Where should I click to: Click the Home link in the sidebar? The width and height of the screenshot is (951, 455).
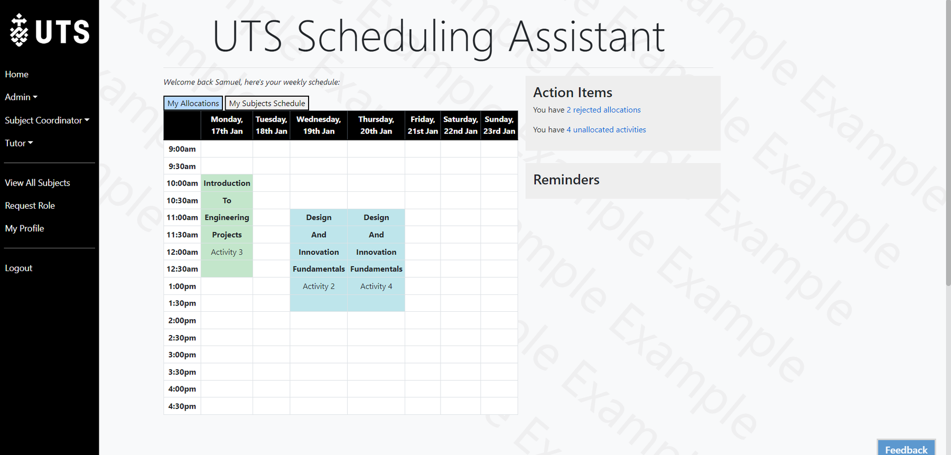(x=17, y=75)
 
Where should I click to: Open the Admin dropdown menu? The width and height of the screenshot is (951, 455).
(x=21, y=97)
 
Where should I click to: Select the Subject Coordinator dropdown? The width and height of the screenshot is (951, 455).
(x=47, y=120)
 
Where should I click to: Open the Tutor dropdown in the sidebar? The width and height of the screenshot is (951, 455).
(x=19, y=143)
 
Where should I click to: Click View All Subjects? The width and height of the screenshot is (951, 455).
(x=38, y=183)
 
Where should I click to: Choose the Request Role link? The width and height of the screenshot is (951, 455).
(x=30, y=206)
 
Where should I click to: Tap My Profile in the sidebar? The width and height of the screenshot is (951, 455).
(x=25, y=228)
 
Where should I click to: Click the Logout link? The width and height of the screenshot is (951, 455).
(x=19, y=268)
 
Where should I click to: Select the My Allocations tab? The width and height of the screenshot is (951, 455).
(x=193, y=103)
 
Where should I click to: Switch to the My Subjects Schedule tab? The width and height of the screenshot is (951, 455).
(x=267, y=103)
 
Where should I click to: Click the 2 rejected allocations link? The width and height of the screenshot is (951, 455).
(x=603, y=110)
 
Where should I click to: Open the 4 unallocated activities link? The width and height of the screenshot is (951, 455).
(x=606, y=129)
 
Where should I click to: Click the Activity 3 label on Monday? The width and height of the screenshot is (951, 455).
(x=227, y=252)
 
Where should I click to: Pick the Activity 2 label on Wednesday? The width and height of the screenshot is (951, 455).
(x=319, y=286)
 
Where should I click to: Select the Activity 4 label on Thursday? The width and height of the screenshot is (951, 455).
(x=376, y=286)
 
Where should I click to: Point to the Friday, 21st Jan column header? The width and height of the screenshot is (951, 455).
(x=423, y=125)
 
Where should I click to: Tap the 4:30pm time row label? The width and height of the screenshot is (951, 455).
(x=182, y=406)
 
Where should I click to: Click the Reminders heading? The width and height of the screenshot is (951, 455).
(x=566, y=180)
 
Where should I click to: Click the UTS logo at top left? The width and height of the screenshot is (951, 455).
(x=50, y=31)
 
